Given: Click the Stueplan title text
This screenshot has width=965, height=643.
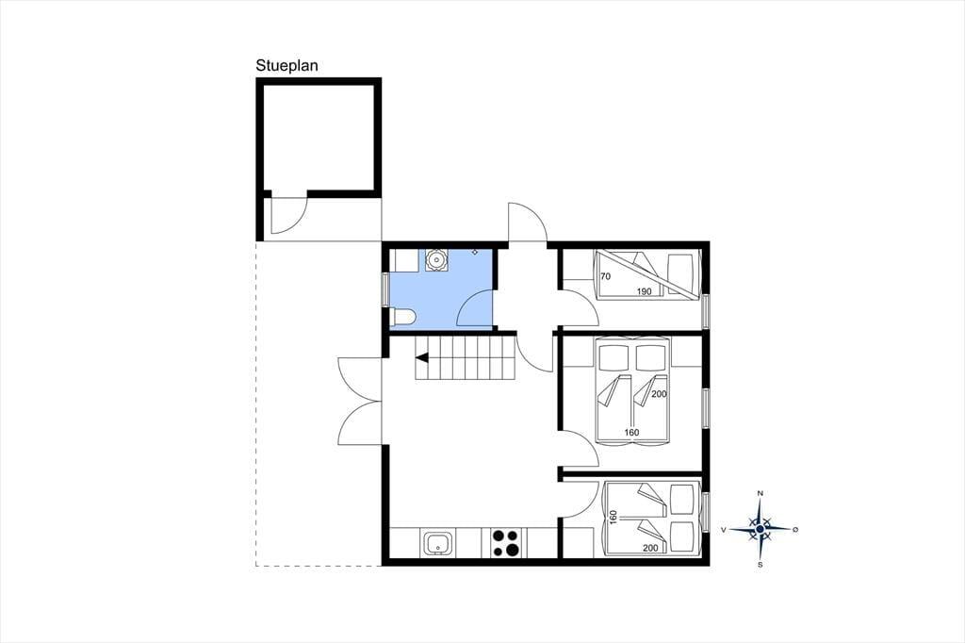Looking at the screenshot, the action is click(286, 66).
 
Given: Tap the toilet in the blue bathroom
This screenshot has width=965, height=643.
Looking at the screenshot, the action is click(403, 317).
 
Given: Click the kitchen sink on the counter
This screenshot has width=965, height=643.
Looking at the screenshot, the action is click(437, 544).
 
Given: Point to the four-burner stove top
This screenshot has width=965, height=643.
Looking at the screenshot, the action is click(506, 544).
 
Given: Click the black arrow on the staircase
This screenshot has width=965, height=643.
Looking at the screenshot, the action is click(422, 357).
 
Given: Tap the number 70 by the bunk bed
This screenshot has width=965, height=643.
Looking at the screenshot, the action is click(606, 276).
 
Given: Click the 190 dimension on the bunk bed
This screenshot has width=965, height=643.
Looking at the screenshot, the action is click(645, 291).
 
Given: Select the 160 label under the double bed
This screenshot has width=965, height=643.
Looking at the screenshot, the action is click(631, 433).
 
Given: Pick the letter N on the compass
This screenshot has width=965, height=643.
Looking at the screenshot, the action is click(761, 493).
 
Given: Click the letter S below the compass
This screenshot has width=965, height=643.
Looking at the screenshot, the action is click(761, 564).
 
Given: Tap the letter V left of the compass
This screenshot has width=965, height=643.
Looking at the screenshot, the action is click(724, 529).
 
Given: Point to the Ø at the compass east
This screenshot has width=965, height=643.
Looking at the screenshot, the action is click(795, 529).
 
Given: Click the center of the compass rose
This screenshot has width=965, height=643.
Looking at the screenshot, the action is click(761, 529).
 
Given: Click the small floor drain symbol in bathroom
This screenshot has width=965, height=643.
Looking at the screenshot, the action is click(475, 252).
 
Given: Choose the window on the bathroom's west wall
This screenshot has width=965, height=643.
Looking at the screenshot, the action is click(385, 289).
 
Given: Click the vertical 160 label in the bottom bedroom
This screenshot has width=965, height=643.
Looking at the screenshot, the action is click(613, 517).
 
